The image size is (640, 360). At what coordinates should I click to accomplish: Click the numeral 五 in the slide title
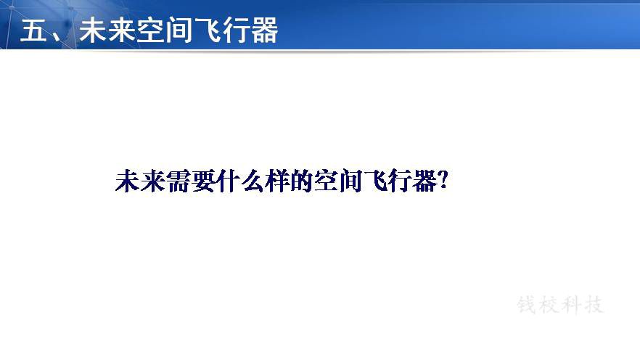[34, 30]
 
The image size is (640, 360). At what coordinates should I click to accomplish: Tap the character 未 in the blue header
[93, 30]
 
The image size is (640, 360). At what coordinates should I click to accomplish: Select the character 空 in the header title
[149, 30]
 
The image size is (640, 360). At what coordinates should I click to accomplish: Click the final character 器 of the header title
[264, 30]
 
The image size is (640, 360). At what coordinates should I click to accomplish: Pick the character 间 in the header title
[179, 30]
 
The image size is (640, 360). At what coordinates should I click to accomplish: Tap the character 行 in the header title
[236, 30]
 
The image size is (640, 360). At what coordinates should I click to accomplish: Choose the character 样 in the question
[277, 181]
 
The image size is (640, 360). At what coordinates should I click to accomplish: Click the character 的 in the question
[302, 181]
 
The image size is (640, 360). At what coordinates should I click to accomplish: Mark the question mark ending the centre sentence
[443, 180]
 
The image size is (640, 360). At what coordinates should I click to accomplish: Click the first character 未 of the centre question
[128, 181]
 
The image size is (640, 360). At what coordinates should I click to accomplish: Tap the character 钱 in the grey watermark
[527, 305]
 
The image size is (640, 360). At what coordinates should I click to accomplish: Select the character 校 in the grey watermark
[549, 305]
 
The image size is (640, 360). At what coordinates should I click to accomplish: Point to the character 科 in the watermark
[572, 305]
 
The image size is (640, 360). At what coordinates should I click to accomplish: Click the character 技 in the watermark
[594, 305]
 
